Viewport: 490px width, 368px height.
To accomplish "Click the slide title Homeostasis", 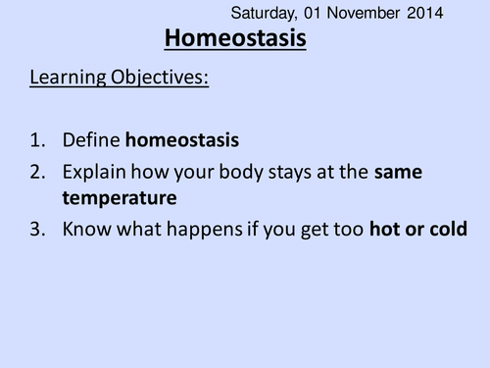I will coord(234,39).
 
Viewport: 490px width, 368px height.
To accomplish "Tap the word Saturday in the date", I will coord(264,14).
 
